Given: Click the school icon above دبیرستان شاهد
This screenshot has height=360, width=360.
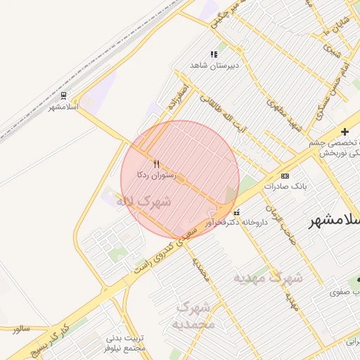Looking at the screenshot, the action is coord(214,54).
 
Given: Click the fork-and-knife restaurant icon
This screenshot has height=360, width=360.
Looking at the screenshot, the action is coord(156,164).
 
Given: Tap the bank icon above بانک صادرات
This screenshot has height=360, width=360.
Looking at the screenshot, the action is coord(284,176).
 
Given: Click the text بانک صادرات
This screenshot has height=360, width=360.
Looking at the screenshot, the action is coord(283,186).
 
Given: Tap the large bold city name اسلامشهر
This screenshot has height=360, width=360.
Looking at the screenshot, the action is coord(335,220).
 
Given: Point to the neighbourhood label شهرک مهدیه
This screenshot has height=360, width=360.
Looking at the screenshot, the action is coord(268,277).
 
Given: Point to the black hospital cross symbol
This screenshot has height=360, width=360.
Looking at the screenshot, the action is coord(345,131).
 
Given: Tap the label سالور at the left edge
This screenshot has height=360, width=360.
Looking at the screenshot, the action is coord(22,328).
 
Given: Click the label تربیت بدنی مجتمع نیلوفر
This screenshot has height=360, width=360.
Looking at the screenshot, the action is coord(125,343).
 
